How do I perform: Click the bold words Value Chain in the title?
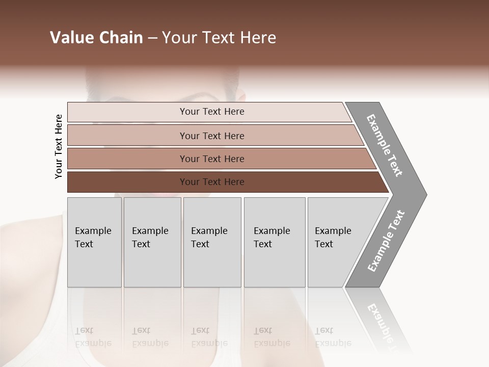point(96,38)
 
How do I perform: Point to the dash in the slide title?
point(152,38)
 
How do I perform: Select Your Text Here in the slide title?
point(219,38)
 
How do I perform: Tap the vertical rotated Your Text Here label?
point(59,146)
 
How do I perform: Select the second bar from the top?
point(211,136)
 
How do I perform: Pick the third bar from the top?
point(211,159)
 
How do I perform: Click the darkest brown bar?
point(211,182)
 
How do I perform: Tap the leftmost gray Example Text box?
point(94,242)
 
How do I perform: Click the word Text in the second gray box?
point(141,244)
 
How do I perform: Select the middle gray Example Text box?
point(212,242)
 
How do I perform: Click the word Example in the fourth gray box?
point(271,231)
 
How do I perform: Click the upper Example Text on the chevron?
point(385,145)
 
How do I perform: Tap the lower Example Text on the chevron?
point(386,241)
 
